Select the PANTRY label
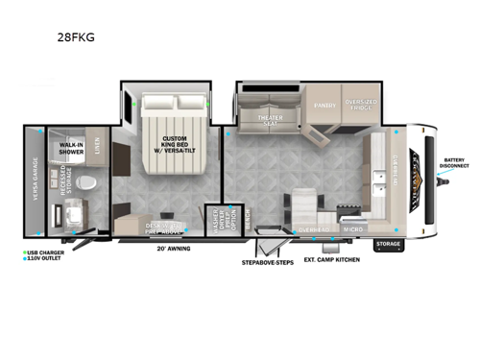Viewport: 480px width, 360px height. click(x=323, y=108)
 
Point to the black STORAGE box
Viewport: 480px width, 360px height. click(x=388, y=244)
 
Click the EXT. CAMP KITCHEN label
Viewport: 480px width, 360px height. click(x=331, y=259)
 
